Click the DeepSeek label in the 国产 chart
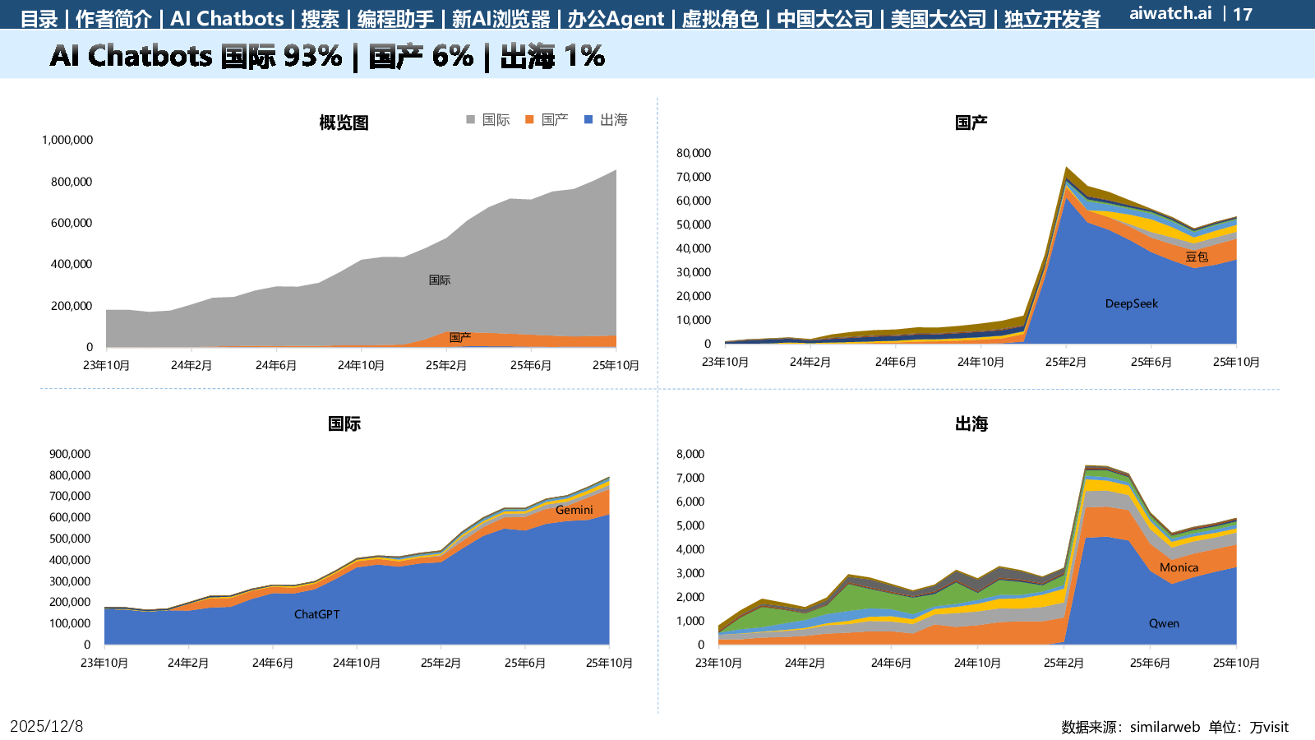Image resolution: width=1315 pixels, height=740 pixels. pos(1131,303)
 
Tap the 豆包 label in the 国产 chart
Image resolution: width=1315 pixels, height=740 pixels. pos(1196,257)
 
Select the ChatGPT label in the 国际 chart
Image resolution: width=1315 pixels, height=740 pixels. pos(316,614)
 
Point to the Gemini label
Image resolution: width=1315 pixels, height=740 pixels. pos(574,510)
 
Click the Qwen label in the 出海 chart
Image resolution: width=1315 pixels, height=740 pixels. pos(1164,623)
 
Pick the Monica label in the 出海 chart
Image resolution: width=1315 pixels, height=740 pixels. pos(1179,567)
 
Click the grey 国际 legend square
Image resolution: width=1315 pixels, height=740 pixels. pos(471,119)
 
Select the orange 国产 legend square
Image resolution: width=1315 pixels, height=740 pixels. pos(529,119)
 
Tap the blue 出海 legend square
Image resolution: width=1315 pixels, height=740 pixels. pos(588,119)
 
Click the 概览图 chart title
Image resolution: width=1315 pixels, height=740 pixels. pos(344,123)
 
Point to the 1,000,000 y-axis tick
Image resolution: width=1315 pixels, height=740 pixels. pos(67,140)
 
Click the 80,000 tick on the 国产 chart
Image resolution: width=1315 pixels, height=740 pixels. pos(693,153)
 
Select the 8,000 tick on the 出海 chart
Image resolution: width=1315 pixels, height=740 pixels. pos(690,454)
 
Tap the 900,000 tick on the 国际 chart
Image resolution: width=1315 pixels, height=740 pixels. pos(70,454)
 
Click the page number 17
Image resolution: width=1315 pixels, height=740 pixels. pos(1243,14)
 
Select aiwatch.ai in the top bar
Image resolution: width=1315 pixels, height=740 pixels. pos(1170,13)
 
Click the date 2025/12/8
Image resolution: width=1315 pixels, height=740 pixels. pos(46,726)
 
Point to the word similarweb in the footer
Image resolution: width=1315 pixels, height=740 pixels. pos(1165,727)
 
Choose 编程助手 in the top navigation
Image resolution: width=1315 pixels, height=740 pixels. pos(395,18)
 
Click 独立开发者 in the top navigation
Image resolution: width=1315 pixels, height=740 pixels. pos(1052,18)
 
